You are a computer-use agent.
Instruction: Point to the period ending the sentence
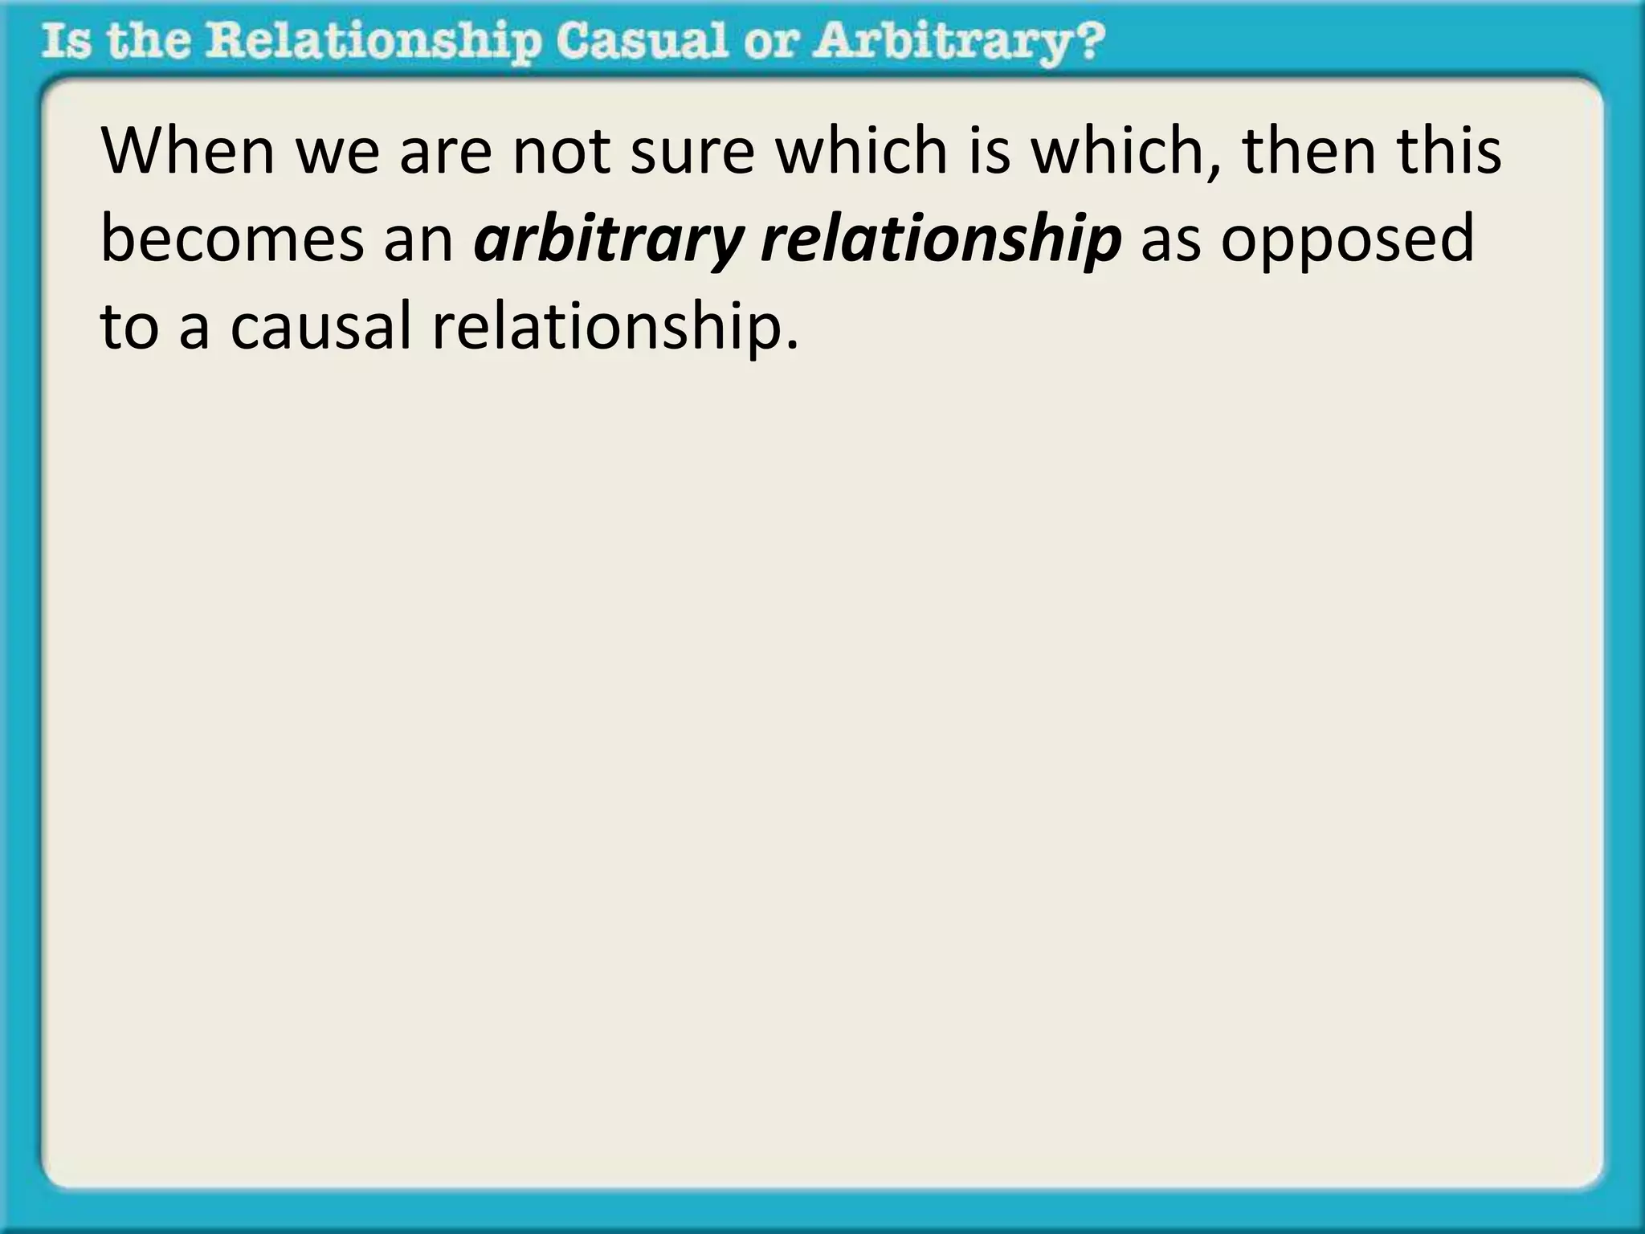(x=793, y=345)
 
